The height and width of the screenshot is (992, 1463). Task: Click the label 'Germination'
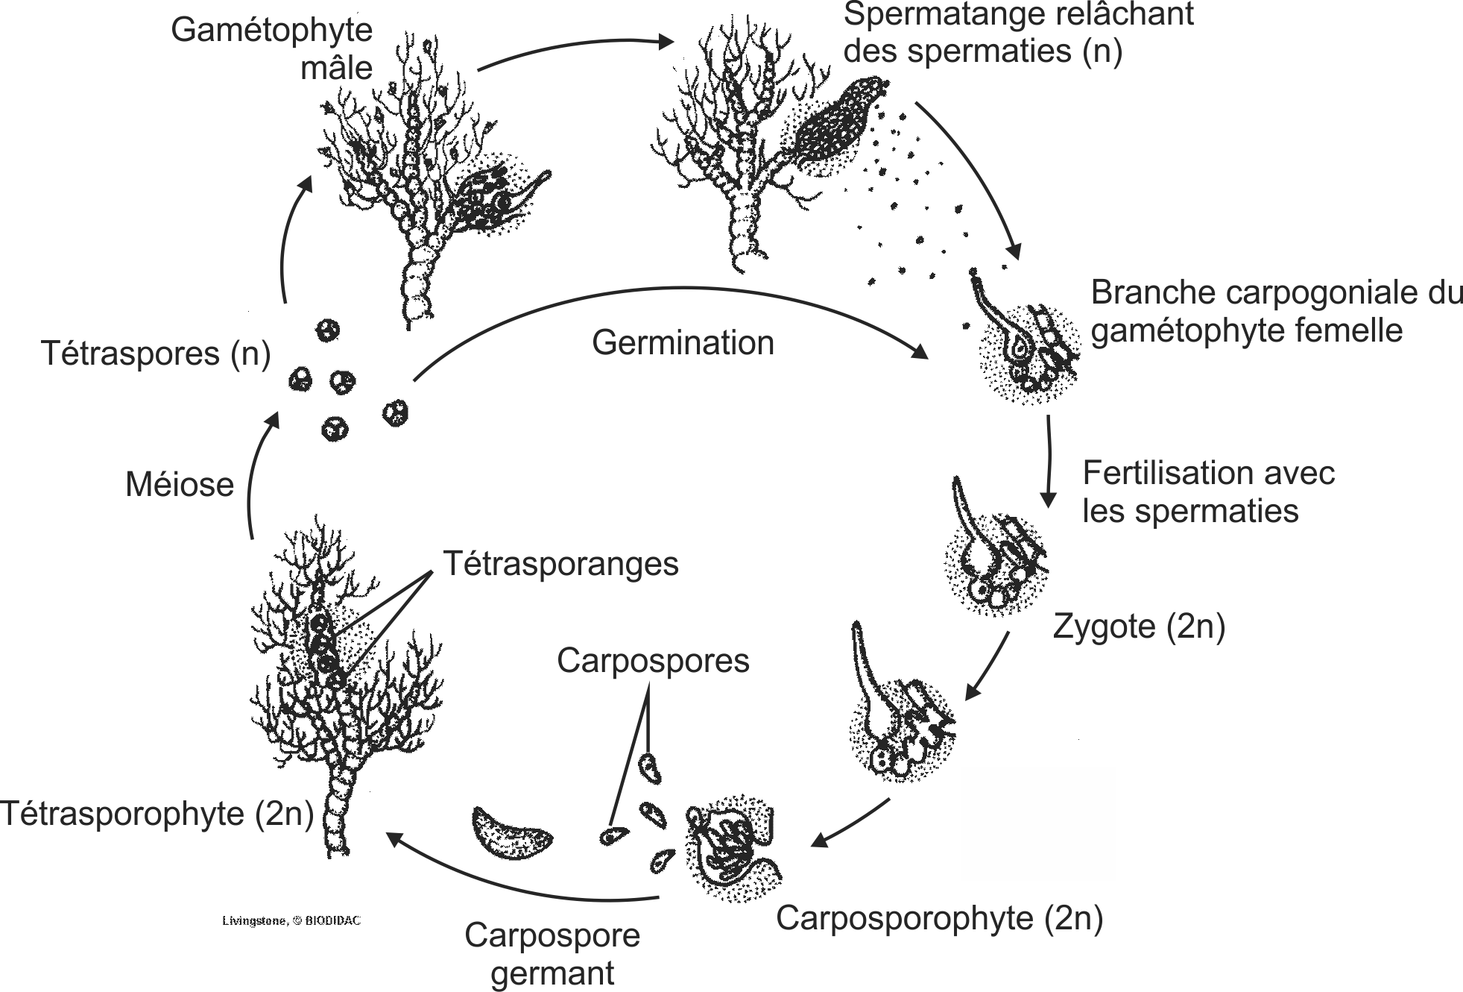pyautogui.click(x=683, y=343)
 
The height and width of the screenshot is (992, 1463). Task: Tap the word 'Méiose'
pyautogui.click(x=180, y=485)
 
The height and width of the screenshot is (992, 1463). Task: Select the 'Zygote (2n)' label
pyautogui.click(x=1139, y=627)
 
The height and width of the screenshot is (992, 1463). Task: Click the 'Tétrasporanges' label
pyautogui.click(x=560, y=564)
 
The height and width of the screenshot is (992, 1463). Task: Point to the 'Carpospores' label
pyautogui.click(x=653, y=661)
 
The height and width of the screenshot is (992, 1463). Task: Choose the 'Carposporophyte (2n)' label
pyautogui.click(x=939, y=918)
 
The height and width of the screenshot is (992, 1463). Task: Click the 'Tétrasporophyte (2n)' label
pyautogui.click(x=157, y=813)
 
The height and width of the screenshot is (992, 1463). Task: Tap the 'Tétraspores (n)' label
pyautogui.click(x=156, y=353)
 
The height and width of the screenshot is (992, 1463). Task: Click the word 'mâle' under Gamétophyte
pyautogui.click(x=336, y=68)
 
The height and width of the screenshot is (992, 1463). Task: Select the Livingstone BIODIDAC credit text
pyautogui.click(x=291, y=921)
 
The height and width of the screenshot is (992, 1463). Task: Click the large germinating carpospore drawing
pyautogui.click(x=511, y=832)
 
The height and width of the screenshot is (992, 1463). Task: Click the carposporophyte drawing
pyautogui.click(x=734, y=847)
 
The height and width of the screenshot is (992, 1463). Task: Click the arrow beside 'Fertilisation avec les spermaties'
pyautogui.click(x=1049, y=462)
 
